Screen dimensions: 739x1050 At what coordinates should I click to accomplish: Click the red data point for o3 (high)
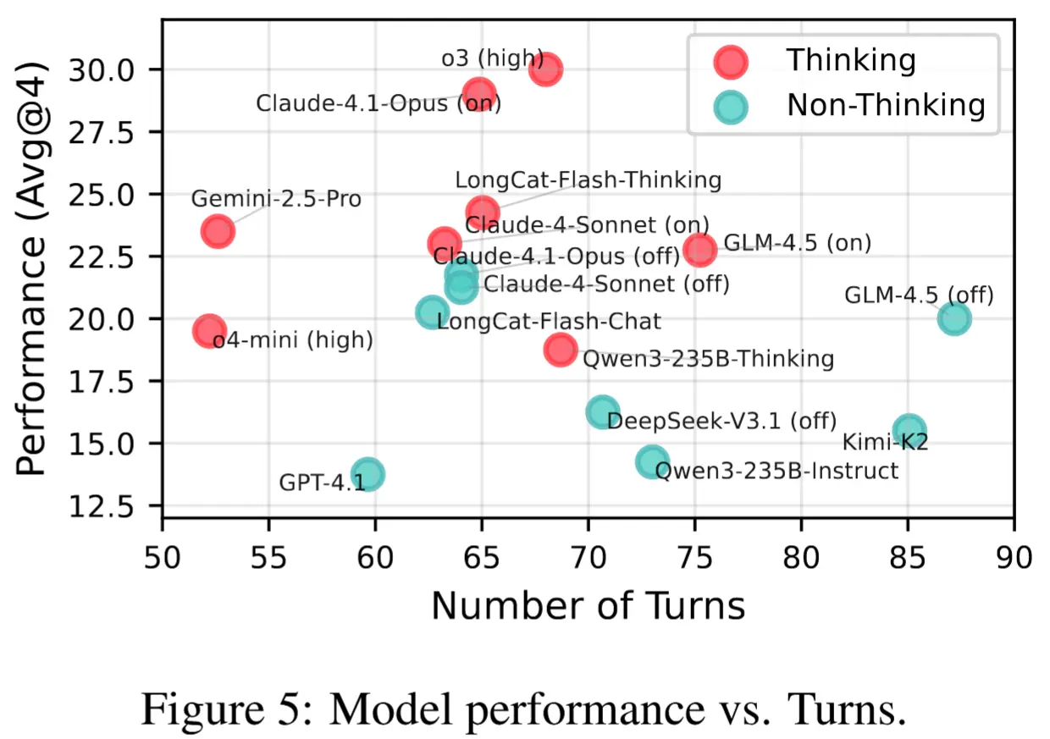546,69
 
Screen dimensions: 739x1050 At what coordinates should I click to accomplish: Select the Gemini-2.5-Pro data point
218,231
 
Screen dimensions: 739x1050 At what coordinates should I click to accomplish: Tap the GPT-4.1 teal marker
368,474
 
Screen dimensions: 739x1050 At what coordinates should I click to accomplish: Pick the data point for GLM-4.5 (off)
954,318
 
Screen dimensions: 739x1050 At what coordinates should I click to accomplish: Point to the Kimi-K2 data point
909,430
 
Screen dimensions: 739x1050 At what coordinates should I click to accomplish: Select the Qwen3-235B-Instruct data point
652,462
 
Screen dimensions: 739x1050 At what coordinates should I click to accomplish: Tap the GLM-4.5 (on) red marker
700,249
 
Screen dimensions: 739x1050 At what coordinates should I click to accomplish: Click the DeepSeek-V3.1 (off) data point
602,412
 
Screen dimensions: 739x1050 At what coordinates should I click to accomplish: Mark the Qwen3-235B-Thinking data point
561,349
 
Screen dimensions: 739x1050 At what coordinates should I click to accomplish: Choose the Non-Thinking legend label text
886,105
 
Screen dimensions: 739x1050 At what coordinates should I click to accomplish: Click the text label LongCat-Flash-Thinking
588,180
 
